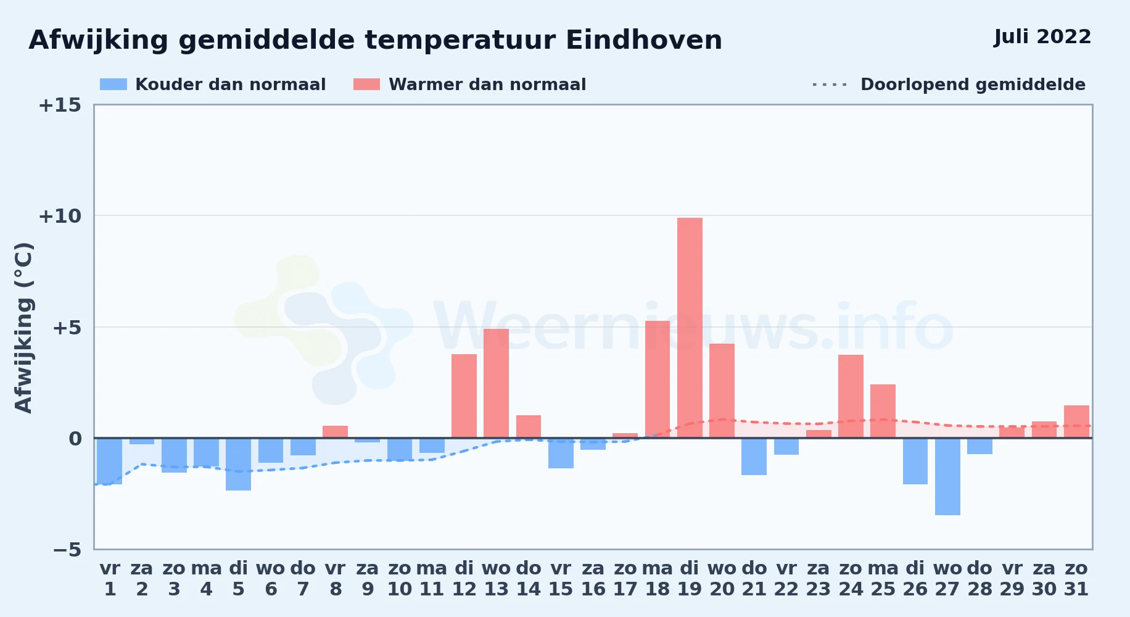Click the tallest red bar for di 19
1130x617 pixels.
pos(690,328)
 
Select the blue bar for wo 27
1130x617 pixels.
pos(947,476)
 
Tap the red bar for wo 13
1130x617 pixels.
pos(496,383)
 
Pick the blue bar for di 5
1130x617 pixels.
pos(238,464)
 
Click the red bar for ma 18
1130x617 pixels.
pos(658,379)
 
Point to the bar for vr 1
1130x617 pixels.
pos(109,461)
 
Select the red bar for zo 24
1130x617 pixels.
pos(851,396)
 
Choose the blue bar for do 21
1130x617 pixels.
pos(754,457)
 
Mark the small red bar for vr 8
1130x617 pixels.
pos(335,432)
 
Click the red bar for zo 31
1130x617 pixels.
pos(1076,421)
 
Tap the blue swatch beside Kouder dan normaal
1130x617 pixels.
pos(113,85)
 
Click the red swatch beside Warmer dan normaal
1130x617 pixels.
pos(366,85)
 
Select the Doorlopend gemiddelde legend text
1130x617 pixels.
pos(973,85)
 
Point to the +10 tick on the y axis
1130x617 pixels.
pos(60,216)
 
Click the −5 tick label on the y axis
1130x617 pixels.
pos(67,550)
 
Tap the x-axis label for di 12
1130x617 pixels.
pos(464,579)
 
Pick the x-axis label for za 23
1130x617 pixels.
pos(819,579)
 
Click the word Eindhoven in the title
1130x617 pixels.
pos(644,40)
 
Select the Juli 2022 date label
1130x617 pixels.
pos(1042,36)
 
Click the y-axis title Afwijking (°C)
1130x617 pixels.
pos(23,328)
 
